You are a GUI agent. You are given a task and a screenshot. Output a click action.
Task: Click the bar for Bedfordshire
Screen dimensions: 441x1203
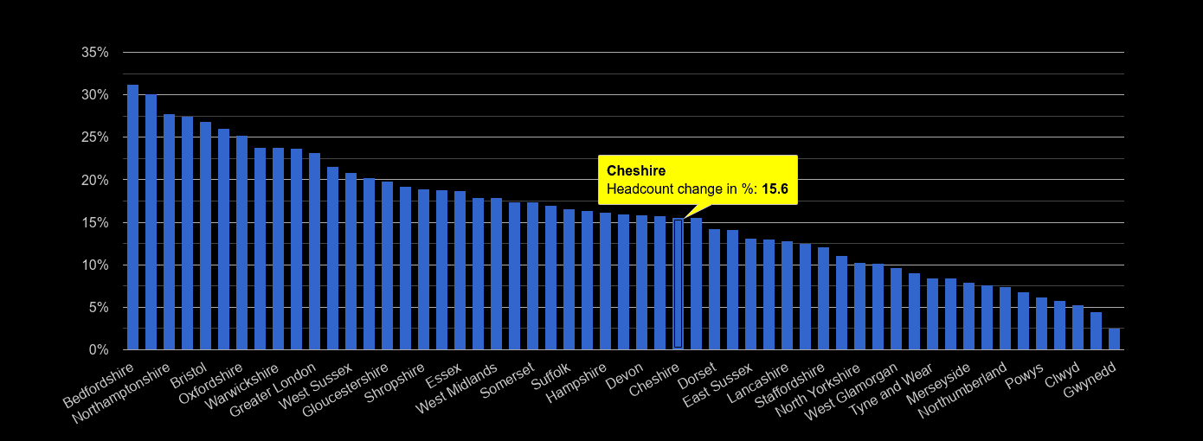(132, 217)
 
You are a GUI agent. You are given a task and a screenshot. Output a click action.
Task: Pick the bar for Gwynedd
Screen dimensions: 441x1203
(1114, 339)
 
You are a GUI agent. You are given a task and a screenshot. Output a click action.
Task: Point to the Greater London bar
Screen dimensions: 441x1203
(314, 252)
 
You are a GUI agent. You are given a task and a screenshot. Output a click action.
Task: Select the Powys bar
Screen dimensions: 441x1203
(1041, 324)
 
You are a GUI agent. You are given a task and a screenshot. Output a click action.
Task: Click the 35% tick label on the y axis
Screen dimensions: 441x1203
(94, 53)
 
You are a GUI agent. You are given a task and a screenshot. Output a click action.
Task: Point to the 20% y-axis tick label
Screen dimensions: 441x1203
(94, 180)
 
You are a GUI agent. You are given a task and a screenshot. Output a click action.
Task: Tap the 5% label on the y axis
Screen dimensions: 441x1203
(98, 308)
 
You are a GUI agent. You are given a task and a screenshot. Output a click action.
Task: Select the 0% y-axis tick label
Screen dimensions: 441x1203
(98, 350)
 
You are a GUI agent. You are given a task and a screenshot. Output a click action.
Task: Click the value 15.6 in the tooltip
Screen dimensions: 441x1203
(775, 189)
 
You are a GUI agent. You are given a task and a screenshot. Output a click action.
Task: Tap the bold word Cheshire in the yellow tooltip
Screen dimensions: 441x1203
(636, 171)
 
